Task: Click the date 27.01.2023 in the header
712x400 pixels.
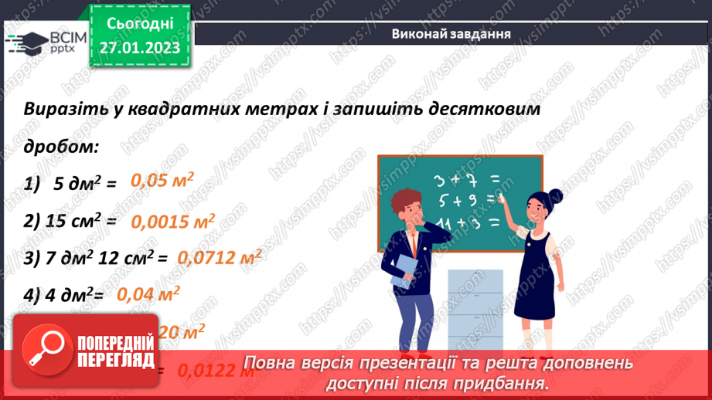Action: [140, 48]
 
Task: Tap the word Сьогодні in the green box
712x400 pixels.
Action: [140, 23]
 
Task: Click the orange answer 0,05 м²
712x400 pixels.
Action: [162, 181]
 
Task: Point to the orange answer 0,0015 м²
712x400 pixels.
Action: [172, 222]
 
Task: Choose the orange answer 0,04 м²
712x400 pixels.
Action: [148, 294]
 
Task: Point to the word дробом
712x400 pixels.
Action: [60, 145]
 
